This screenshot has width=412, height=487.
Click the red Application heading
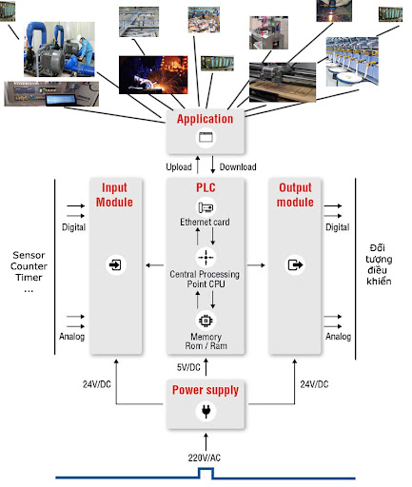point(205,119)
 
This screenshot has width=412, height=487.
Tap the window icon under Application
point(206,137)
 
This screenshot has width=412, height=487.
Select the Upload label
point(179,166)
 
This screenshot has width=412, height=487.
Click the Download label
point(238,166)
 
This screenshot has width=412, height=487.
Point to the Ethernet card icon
point(206,207)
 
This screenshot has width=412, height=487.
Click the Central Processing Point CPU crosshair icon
point(206,257)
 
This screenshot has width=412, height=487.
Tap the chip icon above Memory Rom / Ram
point(206,321)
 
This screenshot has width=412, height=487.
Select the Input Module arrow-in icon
point(115,264)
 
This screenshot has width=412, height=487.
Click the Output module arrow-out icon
point(295,264)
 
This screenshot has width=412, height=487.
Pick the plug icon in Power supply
point(206,411)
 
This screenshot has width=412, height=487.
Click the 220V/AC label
point(205,458)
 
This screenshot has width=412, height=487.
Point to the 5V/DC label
point(188,367)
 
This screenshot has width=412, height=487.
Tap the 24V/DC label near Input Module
point(97,384)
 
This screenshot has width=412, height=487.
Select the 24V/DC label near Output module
point(314,384)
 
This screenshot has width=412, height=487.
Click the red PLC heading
point(206,187)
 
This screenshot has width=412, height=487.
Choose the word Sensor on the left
point(29,255)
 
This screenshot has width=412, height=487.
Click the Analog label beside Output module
point(338,336)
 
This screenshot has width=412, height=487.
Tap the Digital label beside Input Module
point(73,227)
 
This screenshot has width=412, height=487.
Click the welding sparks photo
point(153,75)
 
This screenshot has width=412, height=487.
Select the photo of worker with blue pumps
point(59,49)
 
